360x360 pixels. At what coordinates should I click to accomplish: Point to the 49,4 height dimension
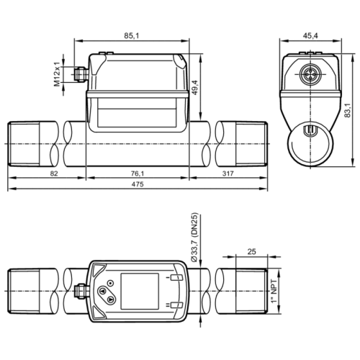213,89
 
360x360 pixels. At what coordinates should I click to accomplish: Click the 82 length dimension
34,174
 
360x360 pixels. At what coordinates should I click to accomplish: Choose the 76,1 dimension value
138,174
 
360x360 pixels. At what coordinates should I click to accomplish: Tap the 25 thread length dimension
251,251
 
